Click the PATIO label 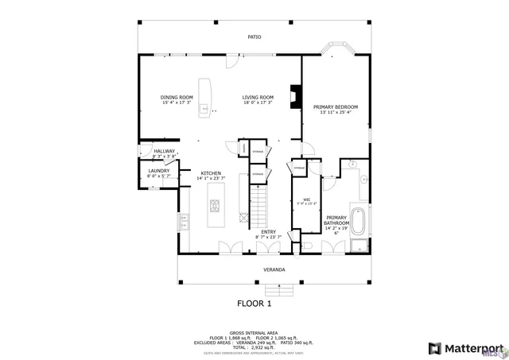tap(254, 37)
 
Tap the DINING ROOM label tap(177, 97)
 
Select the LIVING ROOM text tap(258, 97)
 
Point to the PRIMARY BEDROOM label tap(335, 106)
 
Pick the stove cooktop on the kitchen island tap(215, 207)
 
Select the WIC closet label tap(306, 199)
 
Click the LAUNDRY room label tap(158, 170)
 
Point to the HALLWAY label tap(165, 151)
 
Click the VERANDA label tap(274, 269)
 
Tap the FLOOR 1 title tap(254, 303)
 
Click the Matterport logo tap(466, 348)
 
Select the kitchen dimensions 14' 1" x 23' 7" tap(211, 178)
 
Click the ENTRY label tap(268, 231)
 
